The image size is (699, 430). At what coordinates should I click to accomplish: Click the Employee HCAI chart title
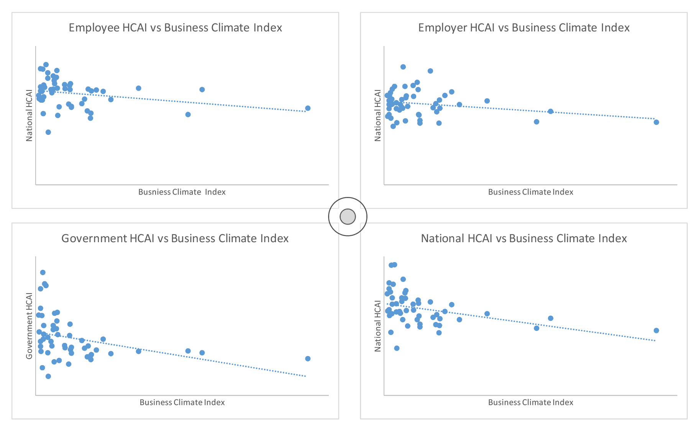(x=175, y=28)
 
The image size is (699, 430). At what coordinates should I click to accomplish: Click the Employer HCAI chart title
(x=523, y=28)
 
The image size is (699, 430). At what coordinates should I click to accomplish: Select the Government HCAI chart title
(x=175, y=238)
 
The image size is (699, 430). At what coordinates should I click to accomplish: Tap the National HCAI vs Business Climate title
(x=523, y=238)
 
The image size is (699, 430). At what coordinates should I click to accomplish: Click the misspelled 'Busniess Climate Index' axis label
(x=182, y=192)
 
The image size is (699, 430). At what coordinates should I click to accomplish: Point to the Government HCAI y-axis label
(x=29, y=326)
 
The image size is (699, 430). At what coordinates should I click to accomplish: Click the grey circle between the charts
(x=348, y=217)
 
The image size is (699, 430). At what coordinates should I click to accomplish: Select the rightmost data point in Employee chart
(x=308, y=108)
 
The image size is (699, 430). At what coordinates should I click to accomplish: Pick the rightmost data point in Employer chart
(x=656, y=122)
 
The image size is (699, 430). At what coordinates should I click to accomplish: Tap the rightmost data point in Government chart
(x=308, y=359)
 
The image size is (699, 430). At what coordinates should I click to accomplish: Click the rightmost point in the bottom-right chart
(x=656, y=330)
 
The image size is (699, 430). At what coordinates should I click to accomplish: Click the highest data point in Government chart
(x=43, y=272)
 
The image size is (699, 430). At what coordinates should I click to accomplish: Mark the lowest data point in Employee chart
(x=48, y=132)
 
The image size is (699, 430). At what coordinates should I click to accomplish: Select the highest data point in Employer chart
(x=403, y=67)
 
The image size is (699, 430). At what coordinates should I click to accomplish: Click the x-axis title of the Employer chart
(x=530, y=192)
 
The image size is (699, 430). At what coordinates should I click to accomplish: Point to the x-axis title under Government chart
(x=182, y=402)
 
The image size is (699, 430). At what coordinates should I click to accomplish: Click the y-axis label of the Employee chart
(x=29, y=115)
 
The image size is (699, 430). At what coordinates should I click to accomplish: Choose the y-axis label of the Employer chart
(x=377, y=115)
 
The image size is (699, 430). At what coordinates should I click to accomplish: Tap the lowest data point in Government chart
(x=48, y=376)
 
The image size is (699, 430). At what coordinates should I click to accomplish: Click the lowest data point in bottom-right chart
(x=397, y=348)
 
